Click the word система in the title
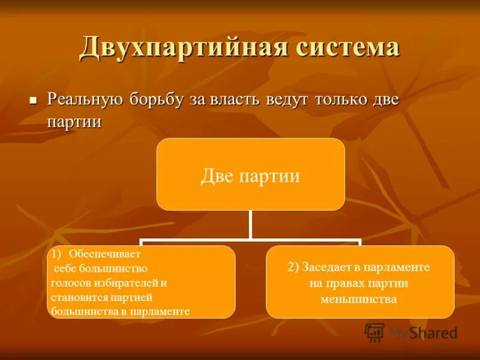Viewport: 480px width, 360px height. tap(347, 47)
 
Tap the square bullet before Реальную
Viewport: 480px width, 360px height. tap(34, 99)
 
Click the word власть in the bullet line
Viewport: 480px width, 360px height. tap(235, 99)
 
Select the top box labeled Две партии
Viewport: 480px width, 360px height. tap(250, 175)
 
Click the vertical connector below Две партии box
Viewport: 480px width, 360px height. tap(250, 224)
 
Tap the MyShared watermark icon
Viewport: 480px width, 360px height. tap(374, 332)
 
